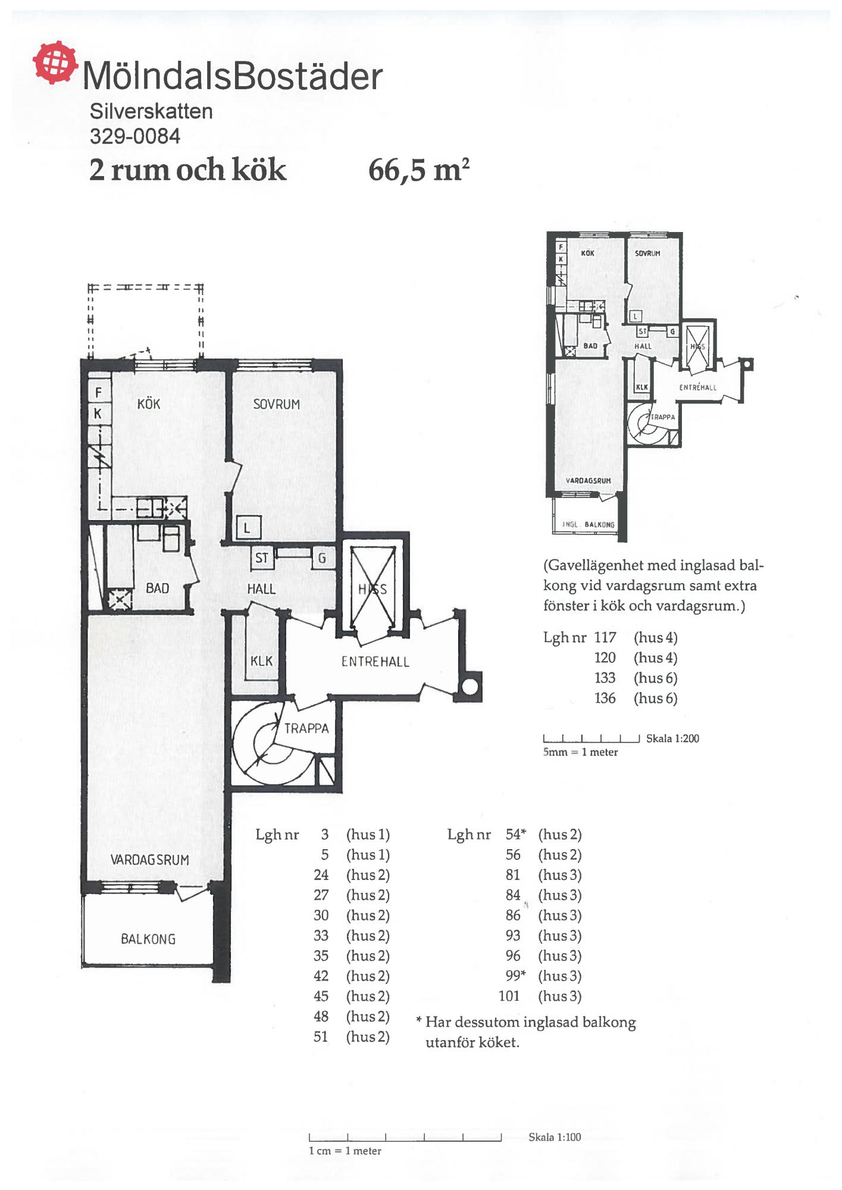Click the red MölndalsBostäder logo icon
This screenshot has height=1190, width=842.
(55, 62)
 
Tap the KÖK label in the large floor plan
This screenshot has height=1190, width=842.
(149, 404)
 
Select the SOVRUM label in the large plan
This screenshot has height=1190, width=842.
(277, 404)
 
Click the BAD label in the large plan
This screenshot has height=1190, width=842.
(158, 588)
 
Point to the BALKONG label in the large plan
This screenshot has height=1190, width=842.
(148, 939)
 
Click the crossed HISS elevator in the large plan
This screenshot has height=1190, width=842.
(373, 588)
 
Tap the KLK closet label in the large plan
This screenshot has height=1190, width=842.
(262, 661)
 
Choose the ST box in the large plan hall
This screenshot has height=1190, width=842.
(262, 558)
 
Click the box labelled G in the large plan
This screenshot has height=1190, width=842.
(323, 558)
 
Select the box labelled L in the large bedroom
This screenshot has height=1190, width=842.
(248, 528)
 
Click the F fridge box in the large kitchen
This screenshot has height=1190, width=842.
(99, 392)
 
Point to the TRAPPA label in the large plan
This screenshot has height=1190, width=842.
(306, 728)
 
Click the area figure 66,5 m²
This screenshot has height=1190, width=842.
(420, 170)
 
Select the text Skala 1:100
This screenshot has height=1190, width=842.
(555, 1137)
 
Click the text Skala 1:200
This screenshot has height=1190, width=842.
(672, 738)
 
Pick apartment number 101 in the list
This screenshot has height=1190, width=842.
(509, 996)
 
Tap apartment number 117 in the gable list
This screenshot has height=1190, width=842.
(605, 638)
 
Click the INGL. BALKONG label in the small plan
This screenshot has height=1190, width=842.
(589, 525)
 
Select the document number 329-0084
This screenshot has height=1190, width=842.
(135, 136)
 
